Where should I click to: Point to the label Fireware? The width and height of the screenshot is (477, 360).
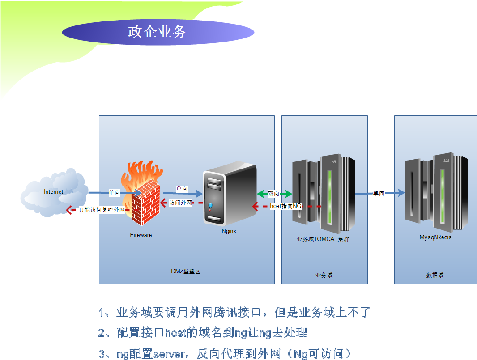tap(141, 235)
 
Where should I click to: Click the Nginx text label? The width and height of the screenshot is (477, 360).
tap(229, 231)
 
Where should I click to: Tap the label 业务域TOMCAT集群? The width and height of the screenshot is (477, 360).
tap(323, 239)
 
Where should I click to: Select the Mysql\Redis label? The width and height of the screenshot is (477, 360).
tap(435, 237)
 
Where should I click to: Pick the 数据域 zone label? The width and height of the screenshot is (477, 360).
tap(435, 275)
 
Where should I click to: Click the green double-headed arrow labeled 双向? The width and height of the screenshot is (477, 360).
tap(274, 194)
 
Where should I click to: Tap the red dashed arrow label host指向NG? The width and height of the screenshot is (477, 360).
tap(286, 206)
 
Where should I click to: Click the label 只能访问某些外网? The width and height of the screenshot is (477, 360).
tap(102, 209)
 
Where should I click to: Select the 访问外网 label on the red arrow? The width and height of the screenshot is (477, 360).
tap(180, 203)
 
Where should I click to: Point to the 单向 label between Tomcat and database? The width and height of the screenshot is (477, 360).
tap(379, 193)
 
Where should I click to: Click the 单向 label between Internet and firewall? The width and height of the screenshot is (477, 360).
tap(115, 193)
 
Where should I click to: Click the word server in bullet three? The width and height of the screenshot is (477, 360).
tap(169, 354)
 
